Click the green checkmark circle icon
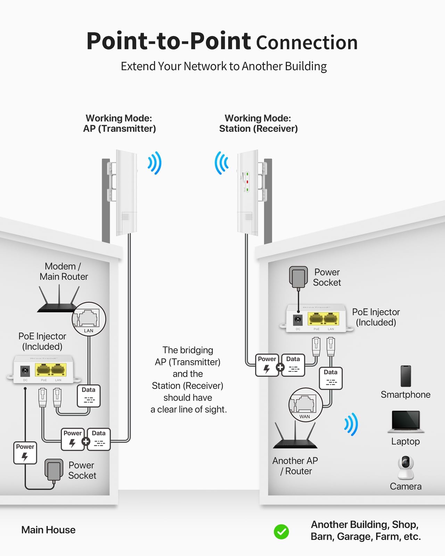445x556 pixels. (x=281, y=532)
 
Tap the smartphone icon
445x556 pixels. (x=405, y=376)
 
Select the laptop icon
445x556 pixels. (x=405, y=421)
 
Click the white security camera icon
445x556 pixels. (x=405, y=467)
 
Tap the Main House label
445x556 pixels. (x=48, y=530)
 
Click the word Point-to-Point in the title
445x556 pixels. (x=168, y=41)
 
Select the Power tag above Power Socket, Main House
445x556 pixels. (x=25, y=453)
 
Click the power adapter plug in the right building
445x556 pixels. (x=298, y=277)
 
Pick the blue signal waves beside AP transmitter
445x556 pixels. (x=155, y=163)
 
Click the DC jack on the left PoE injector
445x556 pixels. (x=25, y=371)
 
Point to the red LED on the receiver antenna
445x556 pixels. (x=247, y=182)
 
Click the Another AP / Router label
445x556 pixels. (x=295, y=466)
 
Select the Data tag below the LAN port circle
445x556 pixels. (x=89, y=396)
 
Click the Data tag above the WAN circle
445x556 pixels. (x=330, y=378)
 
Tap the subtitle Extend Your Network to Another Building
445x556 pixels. (x=224, y=66)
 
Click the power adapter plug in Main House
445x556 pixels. (x=54, y=470)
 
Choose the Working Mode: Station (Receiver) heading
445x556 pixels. (x=258, y=123)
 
